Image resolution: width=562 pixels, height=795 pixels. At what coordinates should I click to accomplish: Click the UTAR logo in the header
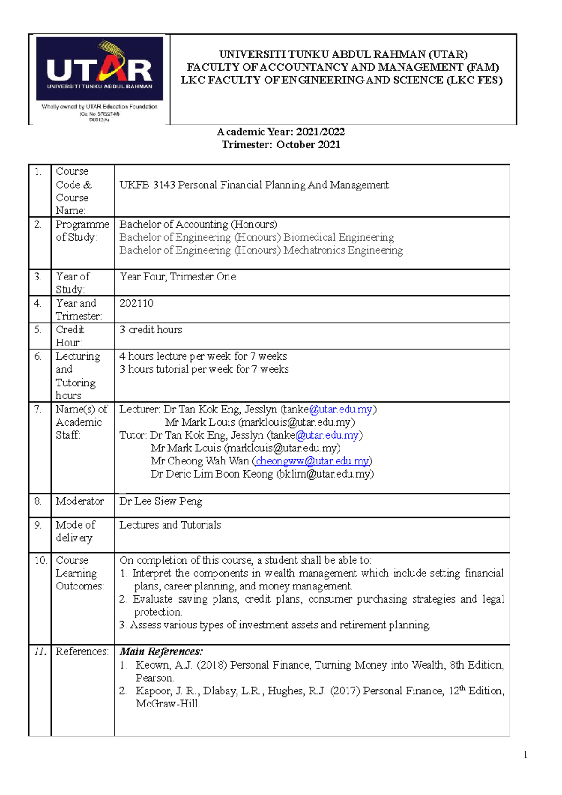pos(99,70)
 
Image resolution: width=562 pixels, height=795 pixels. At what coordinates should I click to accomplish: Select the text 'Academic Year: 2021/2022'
pos(281,132)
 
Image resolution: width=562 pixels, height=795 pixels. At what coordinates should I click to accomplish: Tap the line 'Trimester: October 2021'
pos(281,145)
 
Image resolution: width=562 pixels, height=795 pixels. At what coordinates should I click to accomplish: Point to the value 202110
pos(136,303)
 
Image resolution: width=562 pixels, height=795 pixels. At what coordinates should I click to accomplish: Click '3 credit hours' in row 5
pos(150,330)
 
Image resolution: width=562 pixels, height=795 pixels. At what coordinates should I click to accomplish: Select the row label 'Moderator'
pos(80,501)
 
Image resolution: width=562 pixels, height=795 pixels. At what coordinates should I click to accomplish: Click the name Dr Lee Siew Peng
pos(161,501)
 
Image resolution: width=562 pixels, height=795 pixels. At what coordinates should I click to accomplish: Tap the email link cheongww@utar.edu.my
pos(312,461)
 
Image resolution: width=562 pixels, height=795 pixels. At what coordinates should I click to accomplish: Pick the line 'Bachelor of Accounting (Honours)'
pos(198,224)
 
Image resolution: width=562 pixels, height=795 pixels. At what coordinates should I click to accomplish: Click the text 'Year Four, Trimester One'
pos(177,277)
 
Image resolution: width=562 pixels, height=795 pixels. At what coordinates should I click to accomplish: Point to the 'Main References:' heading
pos(161,651)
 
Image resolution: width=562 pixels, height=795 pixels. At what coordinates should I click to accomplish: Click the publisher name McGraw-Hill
pos(167,704)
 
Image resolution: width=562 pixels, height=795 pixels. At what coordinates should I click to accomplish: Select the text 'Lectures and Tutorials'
pos(170,525)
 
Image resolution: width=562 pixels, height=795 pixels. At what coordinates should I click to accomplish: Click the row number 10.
pos(40,560)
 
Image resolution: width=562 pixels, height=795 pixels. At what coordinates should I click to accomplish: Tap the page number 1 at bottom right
pos(525,754)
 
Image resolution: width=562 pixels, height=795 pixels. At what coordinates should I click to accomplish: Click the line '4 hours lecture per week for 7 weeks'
pos(203,356)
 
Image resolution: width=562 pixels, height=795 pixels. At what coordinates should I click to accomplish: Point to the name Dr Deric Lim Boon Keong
pos(212,474)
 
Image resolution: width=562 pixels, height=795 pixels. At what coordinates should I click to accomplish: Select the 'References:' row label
pos(82,651)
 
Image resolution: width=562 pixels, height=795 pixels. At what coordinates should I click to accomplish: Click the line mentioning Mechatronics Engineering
pos(261,250)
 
